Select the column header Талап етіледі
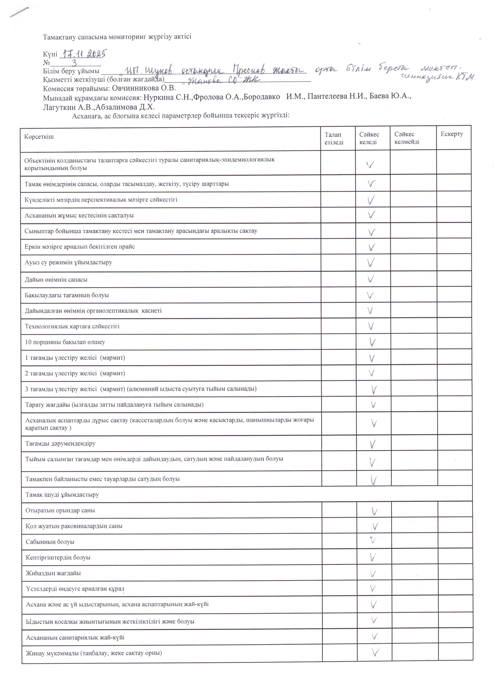[334, 138]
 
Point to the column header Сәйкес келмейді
[407, 138]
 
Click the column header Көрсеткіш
[39, 137]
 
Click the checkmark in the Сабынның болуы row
[373, 540]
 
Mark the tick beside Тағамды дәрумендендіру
[373, 444]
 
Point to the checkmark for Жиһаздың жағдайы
[373, 573]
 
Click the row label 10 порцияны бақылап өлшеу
[65, 342]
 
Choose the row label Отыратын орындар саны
[60, 510]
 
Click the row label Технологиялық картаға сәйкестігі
[72, 326]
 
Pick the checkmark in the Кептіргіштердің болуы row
[373, 557]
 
